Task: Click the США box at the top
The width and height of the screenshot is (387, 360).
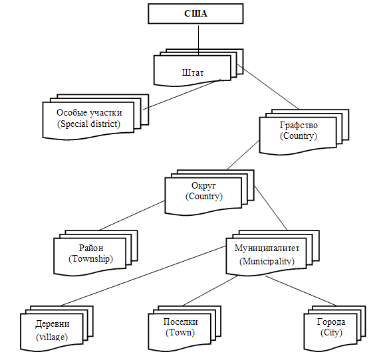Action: tap(195, 13)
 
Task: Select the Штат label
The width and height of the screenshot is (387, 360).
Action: tap(193, 73)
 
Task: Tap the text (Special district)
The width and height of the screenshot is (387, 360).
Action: tap(89, 124)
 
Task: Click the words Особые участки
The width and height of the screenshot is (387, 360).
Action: tap(89, 112)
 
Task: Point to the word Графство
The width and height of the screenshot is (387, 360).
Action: tap(299, 126)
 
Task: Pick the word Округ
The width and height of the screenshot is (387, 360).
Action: tap(203, 186)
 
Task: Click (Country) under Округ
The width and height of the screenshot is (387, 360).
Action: tap(204, 197)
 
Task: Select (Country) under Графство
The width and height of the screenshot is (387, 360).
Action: tap(299, 136)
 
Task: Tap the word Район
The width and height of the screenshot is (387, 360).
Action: tap(91, 248)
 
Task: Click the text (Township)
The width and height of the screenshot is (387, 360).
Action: tap(90, 259)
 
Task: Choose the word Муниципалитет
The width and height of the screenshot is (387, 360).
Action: tap(267, 248)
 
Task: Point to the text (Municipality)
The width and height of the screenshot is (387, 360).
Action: tap(267, 261)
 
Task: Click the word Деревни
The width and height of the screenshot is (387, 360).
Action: tap(53, 323)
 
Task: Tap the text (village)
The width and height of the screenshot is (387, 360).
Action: tap(52, 337)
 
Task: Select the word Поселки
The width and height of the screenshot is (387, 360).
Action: tap(180, 321)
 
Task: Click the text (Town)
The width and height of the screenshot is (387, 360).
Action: tap(180, 333)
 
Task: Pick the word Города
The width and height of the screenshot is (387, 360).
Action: tap(331, 321)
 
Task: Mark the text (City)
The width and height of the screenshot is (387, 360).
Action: tap(331, 333)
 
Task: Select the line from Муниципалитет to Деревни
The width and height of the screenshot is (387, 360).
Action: tap(143, 276)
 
